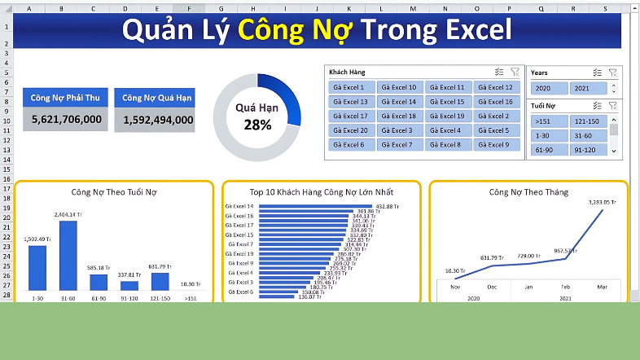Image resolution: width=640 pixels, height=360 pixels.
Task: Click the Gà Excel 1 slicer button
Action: (351, 87)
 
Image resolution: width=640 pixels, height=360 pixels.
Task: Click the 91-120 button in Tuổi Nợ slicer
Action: (587, 150)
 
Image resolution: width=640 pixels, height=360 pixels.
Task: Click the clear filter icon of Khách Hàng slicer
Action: (515, 72)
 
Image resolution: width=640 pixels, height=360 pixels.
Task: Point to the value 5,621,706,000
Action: (67, 120)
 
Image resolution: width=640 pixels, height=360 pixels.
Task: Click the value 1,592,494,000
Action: (159, 120)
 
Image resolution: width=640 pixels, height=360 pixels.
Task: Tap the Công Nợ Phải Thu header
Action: (67, 98)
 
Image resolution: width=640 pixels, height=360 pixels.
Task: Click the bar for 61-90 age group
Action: (99, 282)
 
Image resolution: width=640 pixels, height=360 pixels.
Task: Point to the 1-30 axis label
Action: (37, 298)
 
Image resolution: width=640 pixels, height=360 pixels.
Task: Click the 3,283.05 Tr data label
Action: (602, 201)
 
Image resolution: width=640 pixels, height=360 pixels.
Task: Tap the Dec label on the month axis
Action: (491, 287)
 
